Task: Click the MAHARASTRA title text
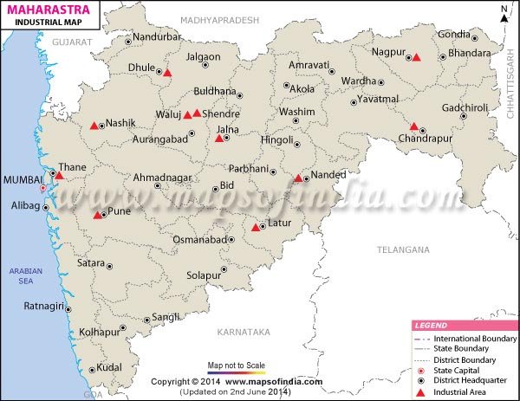tap(42, 10)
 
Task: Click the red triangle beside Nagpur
tap(416, 57)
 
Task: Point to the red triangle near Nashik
tap(94, 126)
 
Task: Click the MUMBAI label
tap(22, 178)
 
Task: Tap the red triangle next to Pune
tap(98, 215)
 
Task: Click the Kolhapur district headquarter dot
tap(121, 330)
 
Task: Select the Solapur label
tap(203, 275)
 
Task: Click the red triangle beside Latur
tap(256, 228)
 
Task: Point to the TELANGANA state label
tap(403, 249)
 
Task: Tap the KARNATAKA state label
tap(244, 332)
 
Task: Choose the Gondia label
tap(454, 34)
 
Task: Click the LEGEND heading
tap(431, 326)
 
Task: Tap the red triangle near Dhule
tap(167, 74)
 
